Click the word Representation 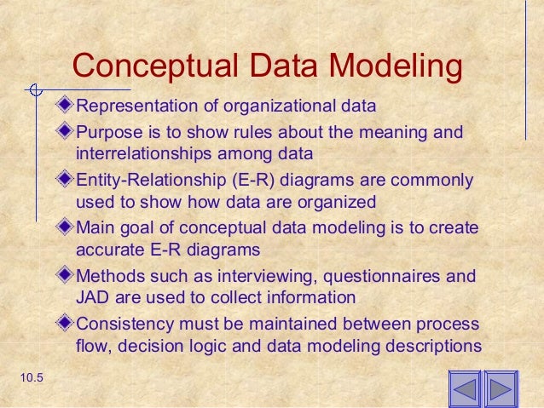click(x=135, y=107)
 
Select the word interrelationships click(x=136, y=155)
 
